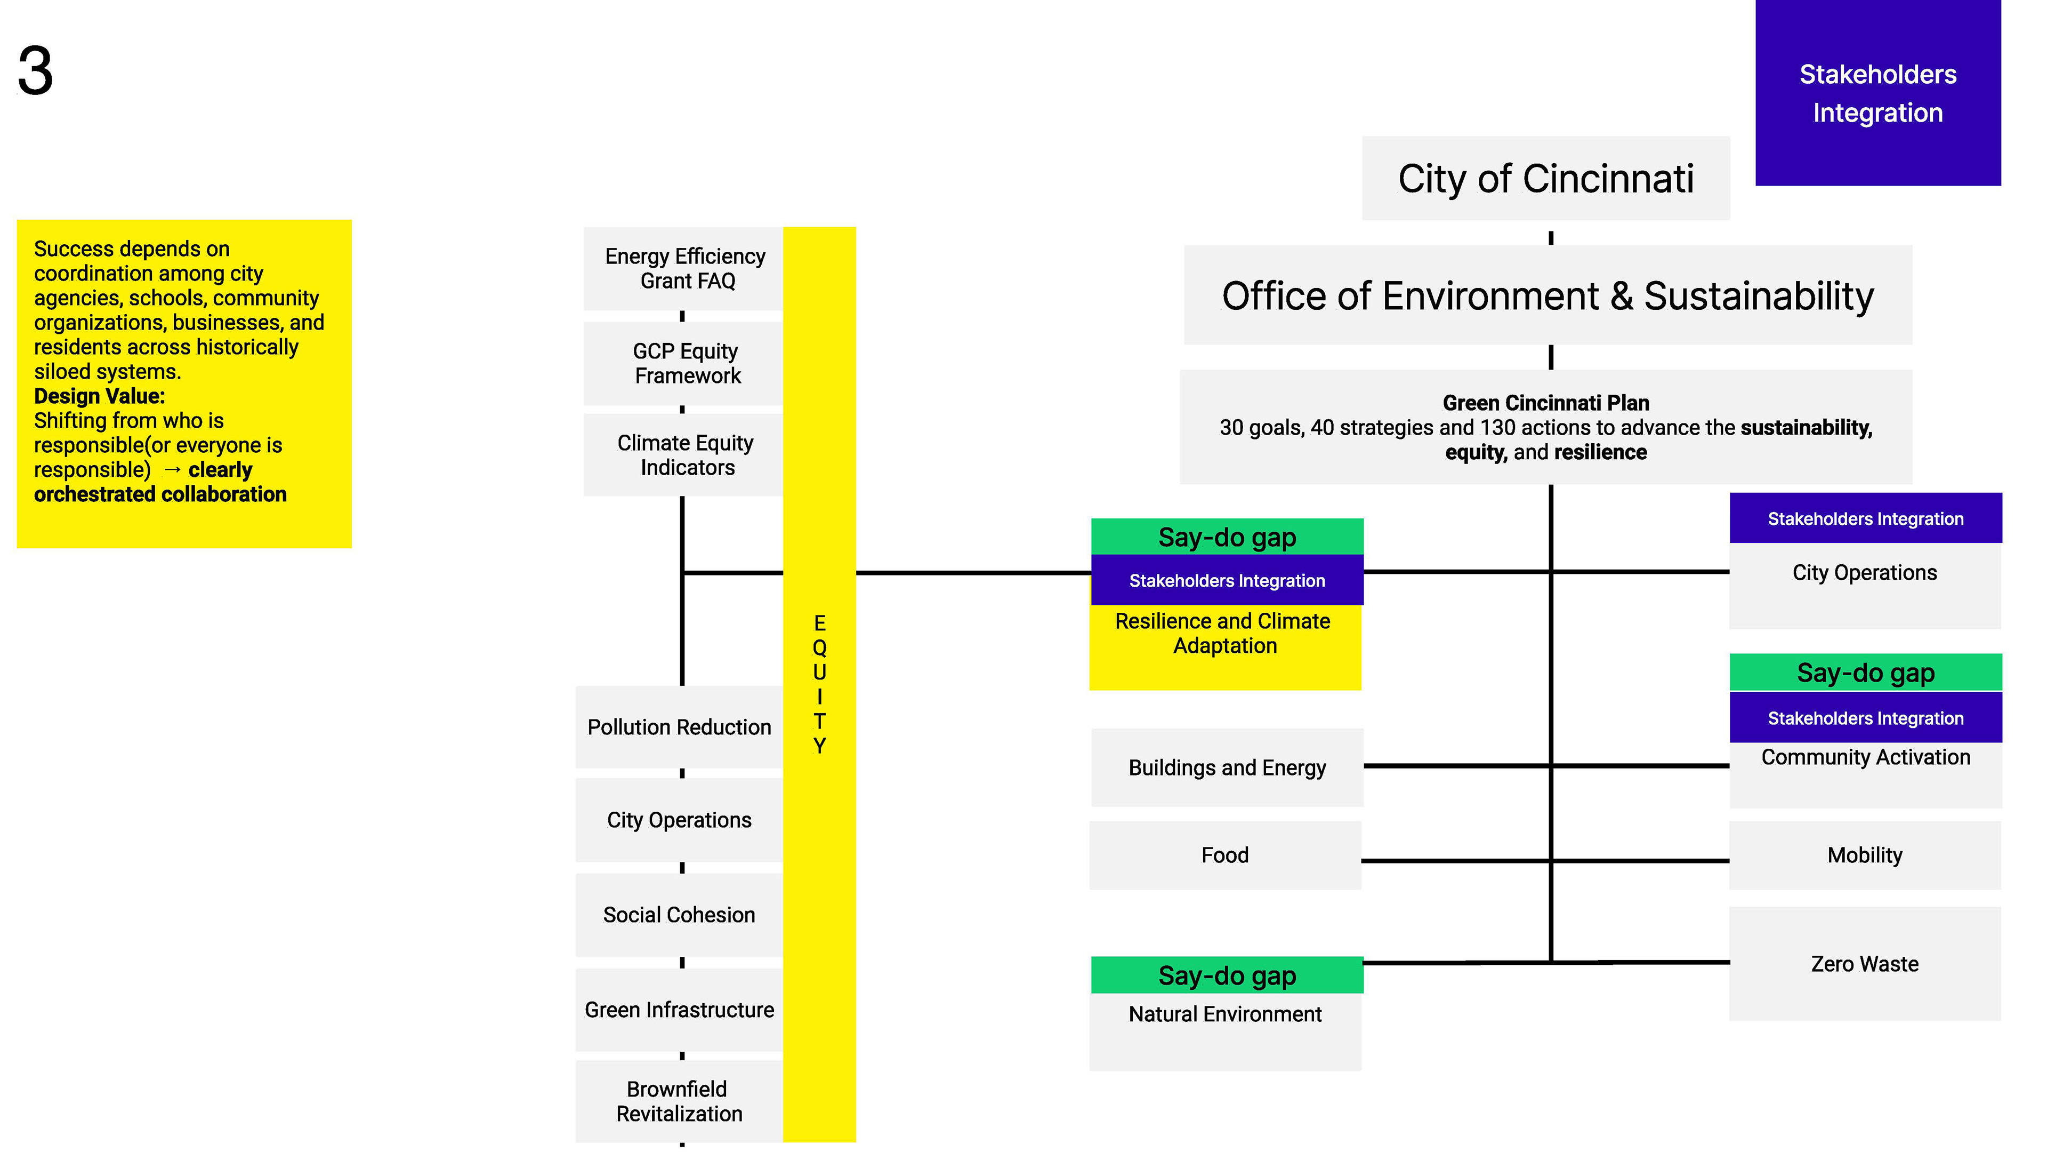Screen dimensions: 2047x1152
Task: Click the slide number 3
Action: [36, 71]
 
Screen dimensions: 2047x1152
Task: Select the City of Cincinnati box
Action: [1545, 178]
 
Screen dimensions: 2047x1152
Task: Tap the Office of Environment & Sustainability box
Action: [1546, 296]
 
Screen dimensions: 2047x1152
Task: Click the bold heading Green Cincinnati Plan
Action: [1545, 403]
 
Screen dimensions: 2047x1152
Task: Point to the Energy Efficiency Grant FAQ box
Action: [684, 269]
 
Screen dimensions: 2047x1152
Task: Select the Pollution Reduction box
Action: [679, 726]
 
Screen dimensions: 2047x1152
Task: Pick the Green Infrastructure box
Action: [679, 1010]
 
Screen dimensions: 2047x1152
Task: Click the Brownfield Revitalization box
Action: [679, 1101]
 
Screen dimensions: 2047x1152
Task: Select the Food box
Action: [1224, 854]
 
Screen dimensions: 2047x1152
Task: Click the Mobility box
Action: [1864, 854]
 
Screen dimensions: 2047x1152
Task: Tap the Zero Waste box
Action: [1864, 964]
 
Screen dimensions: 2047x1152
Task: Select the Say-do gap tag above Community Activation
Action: [1865, 673]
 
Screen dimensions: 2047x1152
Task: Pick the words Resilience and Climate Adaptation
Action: [1224, 633]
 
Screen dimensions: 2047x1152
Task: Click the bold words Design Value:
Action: [99, 396]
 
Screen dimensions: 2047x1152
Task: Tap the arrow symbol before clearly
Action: [172, 470]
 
